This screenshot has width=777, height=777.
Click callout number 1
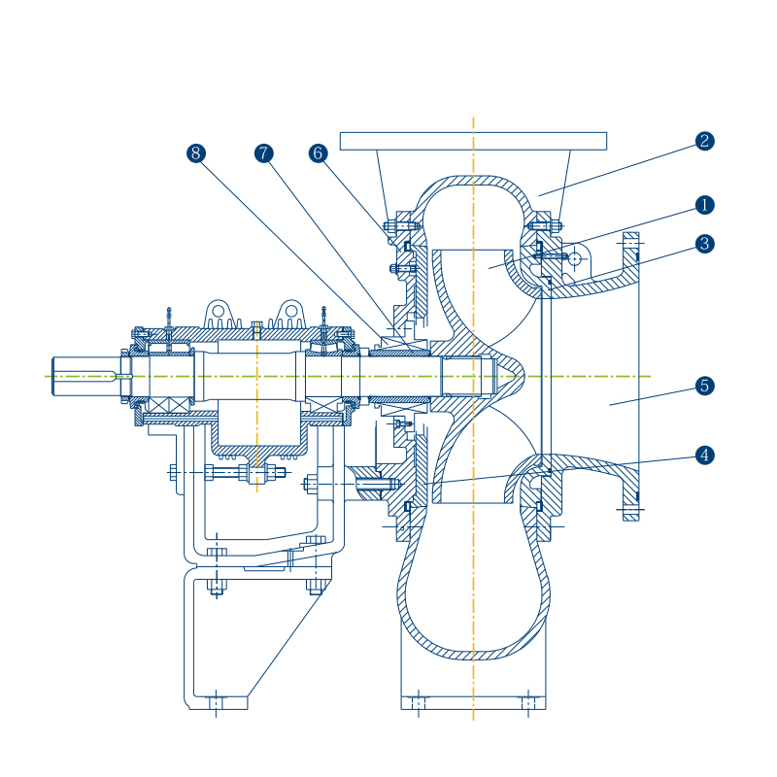click(705, 205)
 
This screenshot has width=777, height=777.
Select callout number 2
click(705, 141)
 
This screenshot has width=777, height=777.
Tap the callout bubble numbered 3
click(705, 244)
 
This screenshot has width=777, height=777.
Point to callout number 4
click(705, 455)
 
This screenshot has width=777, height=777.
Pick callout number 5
click(705, 386)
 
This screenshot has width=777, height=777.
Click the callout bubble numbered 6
click(318, 153)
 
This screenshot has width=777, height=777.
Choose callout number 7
click(264, 153)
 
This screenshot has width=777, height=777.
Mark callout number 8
click(196, 153)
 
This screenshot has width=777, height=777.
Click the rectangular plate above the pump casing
click(473, 141)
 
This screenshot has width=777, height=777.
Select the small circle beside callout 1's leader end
click(575, 258)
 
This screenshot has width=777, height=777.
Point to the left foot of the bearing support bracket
click(217, 701)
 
